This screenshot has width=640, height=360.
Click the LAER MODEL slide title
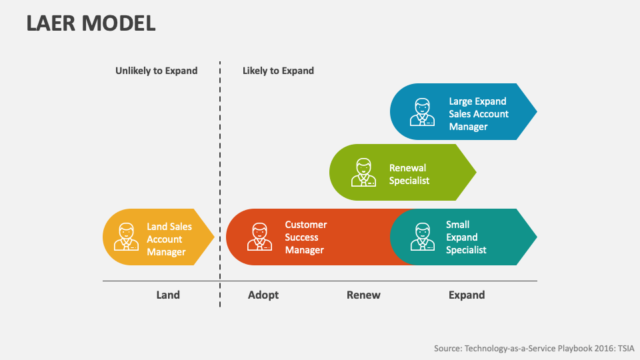coord(91,23)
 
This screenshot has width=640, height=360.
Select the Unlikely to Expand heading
coord(156,71)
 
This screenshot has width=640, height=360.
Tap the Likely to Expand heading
coord(278,71)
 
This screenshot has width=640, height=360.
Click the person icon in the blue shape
coord(422,112)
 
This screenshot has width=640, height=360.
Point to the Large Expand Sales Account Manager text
coord(478,114)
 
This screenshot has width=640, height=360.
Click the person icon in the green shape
coord(363,173)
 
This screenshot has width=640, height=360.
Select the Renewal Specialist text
coord(409,174)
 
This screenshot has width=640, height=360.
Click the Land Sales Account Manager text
coord(169,239)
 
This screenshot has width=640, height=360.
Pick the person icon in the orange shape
coord(260,237)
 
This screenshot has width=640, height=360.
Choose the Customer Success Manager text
coord(305,237)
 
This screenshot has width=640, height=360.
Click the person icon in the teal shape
coord(422,237)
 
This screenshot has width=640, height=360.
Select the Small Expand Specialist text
coord(465,237)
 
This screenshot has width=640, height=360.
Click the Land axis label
coord(168,295)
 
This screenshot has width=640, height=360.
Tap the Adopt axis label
coord(263,295)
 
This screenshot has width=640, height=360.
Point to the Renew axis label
coord(363,295)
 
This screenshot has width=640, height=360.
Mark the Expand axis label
coord(467,295)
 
